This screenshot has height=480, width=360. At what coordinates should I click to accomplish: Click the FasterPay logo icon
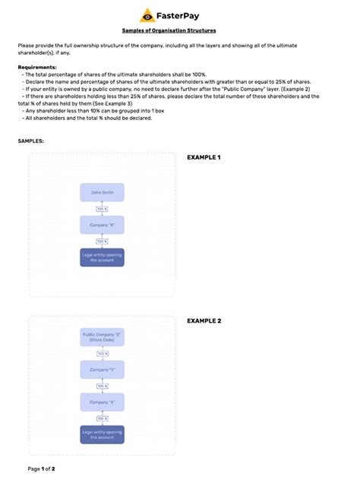click(147, 14)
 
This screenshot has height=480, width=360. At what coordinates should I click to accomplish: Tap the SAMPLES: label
click(30, 141)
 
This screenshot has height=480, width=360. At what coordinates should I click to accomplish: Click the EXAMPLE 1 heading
click(204, 157)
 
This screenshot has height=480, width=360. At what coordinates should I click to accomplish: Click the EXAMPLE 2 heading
click(204, 321)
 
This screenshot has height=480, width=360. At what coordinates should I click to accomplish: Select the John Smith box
click(102, 192)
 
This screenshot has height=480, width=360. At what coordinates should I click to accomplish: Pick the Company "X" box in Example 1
click(102, 225)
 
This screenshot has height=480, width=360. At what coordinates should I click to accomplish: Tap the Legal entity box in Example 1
click(102, 257)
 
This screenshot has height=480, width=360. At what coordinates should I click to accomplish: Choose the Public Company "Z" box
click(102, 337)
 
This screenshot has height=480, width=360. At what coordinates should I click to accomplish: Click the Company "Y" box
click(102, 370)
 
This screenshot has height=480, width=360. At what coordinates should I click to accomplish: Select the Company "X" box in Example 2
click(102, 403)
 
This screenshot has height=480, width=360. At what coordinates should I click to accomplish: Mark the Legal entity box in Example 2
click(102, 435)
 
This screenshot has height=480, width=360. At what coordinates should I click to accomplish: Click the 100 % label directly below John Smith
click(102, 209)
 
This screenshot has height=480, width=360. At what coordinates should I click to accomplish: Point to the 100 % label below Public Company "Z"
click(102, 354)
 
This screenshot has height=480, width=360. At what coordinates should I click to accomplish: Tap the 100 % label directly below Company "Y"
click(102, 387)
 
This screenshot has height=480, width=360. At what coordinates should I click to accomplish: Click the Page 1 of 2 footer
click(41, 469)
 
